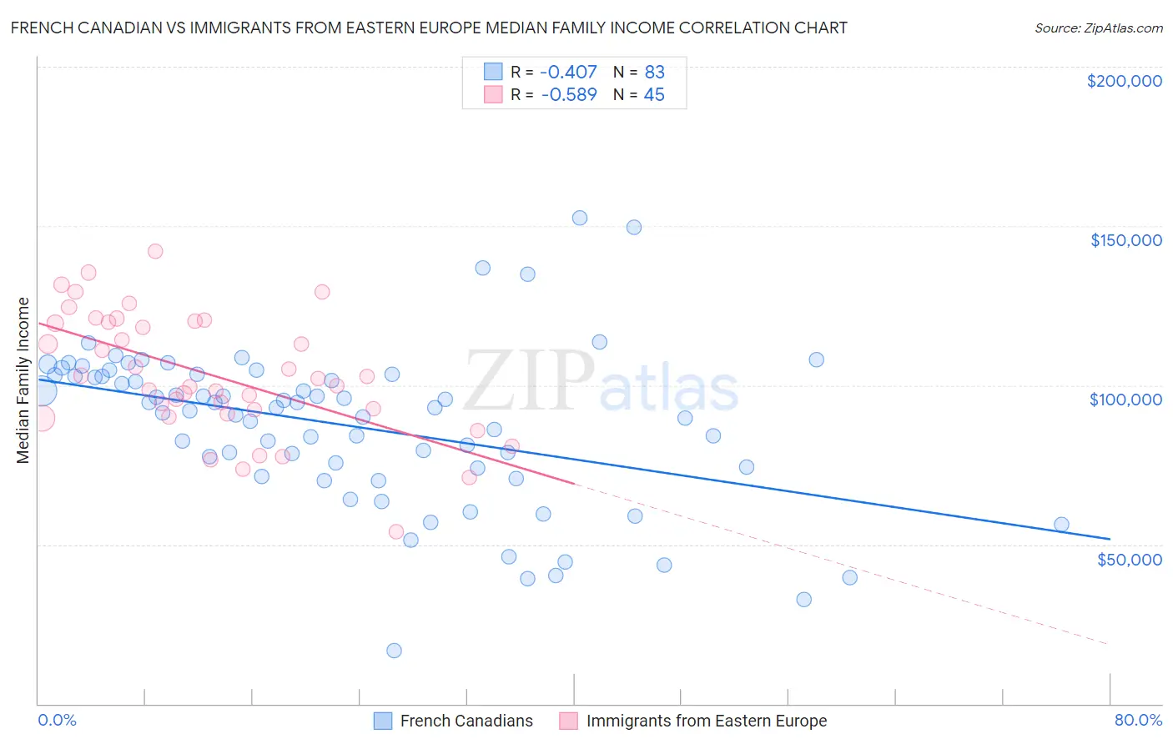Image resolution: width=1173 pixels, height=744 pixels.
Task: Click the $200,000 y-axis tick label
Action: pyautogui.click(x=1124, y=81)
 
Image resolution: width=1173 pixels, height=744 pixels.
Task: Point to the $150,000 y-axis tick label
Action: pyautogui.click(x=1125, y=240)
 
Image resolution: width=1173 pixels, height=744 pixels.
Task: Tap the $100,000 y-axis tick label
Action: pyautogui.click(x=1125, y=400)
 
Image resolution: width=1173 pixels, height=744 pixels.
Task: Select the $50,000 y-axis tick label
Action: pyautogui.click(x=1129, y=559)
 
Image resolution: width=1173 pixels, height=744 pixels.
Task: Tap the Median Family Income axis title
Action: pyautogui.click(x=23, y=380)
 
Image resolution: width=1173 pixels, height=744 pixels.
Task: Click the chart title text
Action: pyautogui.click(x=429, y=28)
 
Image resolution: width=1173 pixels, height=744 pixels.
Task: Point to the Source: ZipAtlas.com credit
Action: pyautogui.click(x=1098, y=28)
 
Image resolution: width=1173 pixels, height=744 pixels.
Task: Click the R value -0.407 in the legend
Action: pyautogui.click(x=568, y=73)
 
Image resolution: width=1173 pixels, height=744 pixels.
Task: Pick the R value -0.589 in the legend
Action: pyautogui.click(x=568, y=95)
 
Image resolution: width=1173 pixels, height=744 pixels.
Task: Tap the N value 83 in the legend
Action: pyautogui.click(x=654, y=73)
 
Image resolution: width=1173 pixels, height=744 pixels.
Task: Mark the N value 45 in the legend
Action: pyautogui.click(x=654, y=95)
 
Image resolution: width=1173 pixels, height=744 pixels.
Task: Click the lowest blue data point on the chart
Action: pyautogui.click(x=394, y=651)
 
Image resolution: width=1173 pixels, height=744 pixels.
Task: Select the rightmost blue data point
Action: pyautogui.click(x=1061, y=525)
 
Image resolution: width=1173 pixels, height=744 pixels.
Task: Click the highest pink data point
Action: pyautogui.click(x=155, y=251)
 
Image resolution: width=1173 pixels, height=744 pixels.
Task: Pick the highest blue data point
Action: pyautogui.click(x=580, y=218)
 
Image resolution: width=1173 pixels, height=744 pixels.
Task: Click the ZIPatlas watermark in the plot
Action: pyautogui.click(x=601, y=383)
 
